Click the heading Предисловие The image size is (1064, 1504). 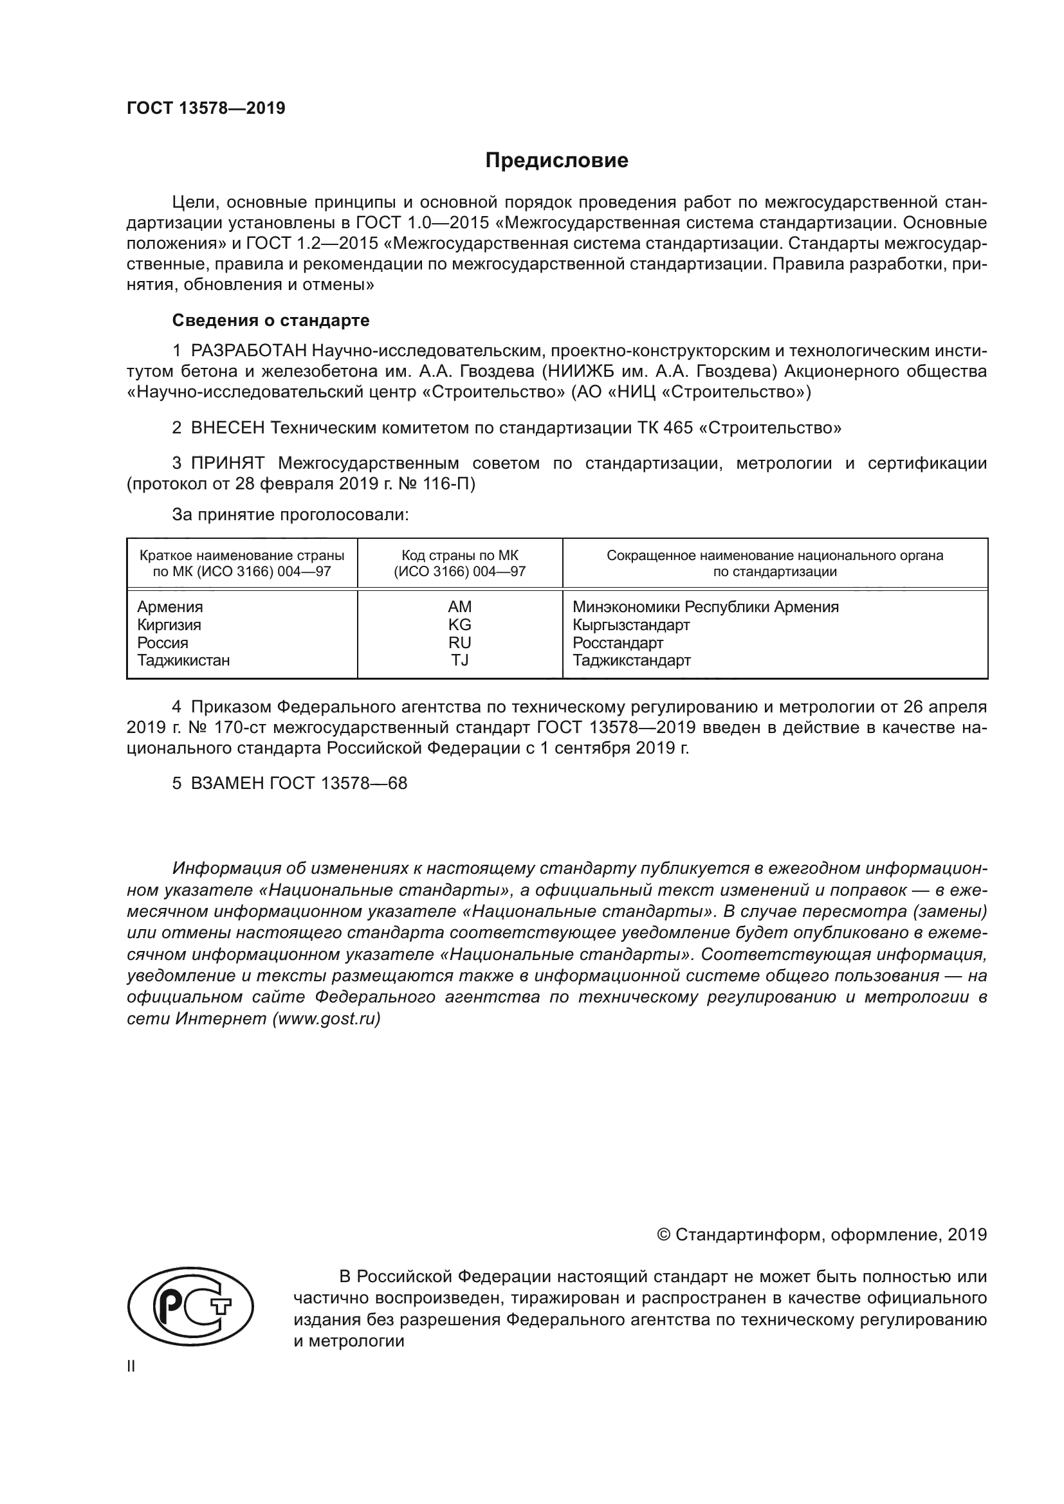click(556, 161)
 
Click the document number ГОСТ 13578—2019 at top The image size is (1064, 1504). click(206, 109)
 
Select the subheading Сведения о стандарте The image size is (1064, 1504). click(271, 320)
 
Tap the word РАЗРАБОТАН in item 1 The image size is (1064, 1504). click(248, 351)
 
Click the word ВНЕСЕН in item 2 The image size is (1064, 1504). click(227, 428)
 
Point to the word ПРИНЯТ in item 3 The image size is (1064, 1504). click(227, 463)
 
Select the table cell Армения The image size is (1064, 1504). click(170, 606)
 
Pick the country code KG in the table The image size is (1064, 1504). click(459, 624)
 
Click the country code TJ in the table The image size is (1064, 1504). click(459, 660)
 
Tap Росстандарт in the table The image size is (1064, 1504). click(618, 642)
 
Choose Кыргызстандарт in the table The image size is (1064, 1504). click(631, 624)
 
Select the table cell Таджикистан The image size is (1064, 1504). click(183, 660)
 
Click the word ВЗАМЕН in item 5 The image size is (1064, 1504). click(227, 783)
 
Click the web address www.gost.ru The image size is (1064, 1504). click(326, 1019)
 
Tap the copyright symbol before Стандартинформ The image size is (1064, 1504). click(663, 1235)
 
